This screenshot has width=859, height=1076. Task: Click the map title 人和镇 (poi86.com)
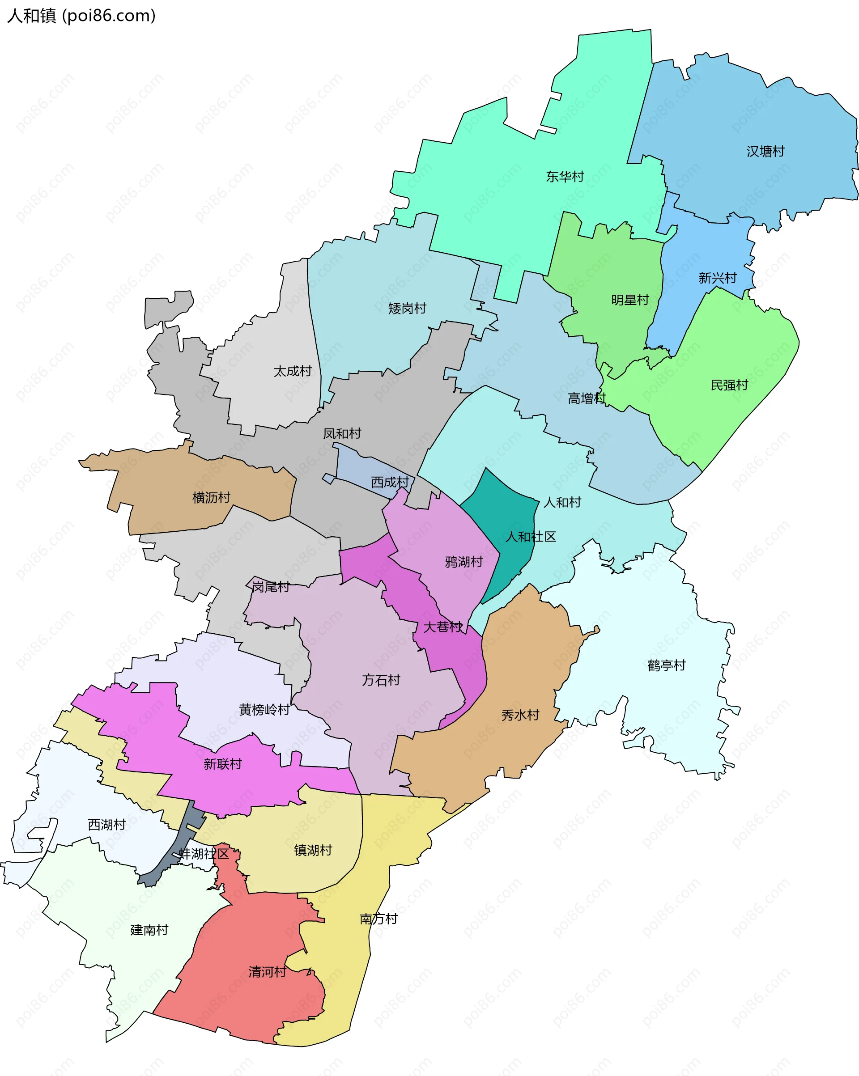tap(81, 16)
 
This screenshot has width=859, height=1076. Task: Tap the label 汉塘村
tap(765, 151)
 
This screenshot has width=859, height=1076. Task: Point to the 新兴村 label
tap(717, 278)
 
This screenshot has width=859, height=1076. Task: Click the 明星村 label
tap(630, 300)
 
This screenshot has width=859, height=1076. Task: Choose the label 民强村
tap(729, 385)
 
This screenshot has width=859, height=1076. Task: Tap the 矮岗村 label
tap(407, 309)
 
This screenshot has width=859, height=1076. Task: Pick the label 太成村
tap(292, 371)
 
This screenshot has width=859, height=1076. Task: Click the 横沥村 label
tap(211, 498)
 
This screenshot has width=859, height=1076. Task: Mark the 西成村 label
tap(390, 482)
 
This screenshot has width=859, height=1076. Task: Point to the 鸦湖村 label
tap(464, 562)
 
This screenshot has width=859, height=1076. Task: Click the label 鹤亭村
tap(666, 665)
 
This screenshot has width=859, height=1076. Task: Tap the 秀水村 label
tap(520, 715)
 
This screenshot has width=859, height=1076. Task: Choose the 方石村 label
tap(381, 680)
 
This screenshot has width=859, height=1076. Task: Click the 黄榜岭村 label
tap(264, 710)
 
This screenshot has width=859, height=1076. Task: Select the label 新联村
tap(223, 764)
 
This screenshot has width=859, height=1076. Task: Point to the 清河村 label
tap(267, 972)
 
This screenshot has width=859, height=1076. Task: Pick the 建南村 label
tap(149, 930)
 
